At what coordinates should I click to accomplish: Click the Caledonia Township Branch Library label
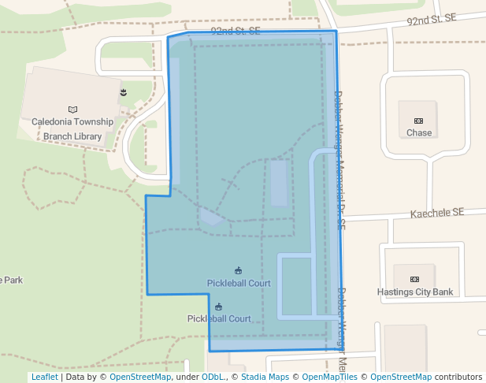point(72,129)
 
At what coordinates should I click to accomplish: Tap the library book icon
point(73,110)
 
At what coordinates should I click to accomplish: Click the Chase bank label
point(419,133)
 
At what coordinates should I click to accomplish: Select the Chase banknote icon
point(419,121)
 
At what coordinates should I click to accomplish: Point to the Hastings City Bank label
point(415,292)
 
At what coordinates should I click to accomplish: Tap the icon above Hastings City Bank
point(415,280)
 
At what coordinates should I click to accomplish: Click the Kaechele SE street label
point(438,213)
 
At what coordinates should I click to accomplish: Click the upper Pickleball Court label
point(239,283)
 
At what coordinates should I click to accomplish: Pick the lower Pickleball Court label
point(219,319)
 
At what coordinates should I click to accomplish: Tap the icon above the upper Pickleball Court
point(239,271)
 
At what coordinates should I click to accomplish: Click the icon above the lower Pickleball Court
point(219,307)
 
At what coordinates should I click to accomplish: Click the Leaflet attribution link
point(44,377)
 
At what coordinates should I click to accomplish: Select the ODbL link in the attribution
point(213,377)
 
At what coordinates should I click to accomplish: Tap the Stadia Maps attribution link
point(264,377)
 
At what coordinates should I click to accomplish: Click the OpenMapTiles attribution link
point(330,377)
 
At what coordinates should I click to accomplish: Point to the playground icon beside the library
point(123,93)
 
